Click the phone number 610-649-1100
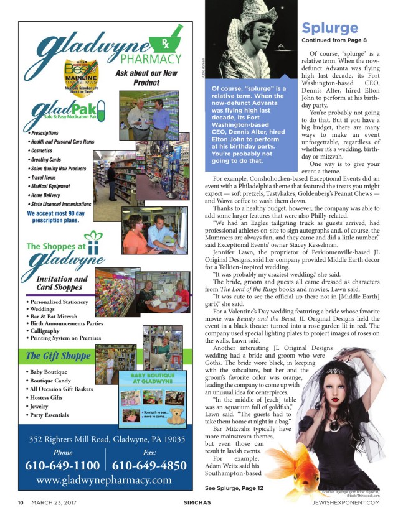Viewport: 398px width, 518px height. tap(62, 465)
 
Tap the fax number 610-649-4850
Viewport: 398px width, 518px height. tap(149, 465)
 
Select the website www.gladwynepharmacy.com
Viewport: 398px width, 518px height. tap(104, 481)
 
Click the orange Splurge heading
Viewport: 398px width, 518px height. tap(329, 28)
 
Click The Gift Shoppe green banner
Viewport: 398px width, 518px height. tap(59, 356)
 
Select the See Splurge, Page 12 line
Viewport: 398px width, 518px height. tap(234, 488)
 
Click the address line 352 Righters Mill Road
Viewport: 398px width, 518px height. tap(104, 439)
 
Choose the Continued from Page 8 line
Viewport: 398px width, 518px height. tap(329, 41)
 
